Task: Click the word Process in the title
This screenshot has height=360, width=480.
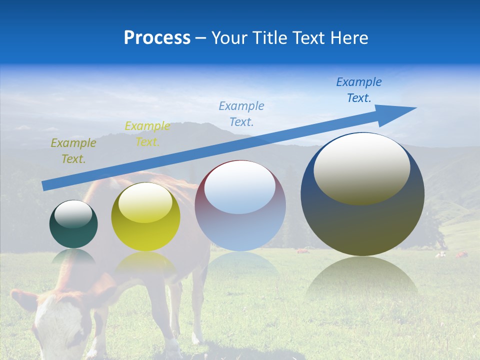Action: pos(157,38)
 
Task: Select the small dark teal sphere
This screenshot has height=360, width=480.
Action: pos(73,224)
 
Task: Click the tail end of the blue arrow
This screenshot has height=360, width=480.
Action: pos(45,186)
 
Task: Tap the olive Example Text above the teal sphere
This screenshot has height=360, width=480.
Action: pos(73,151)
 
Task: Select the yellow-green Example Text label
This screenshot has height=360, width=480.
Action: pos(147,134)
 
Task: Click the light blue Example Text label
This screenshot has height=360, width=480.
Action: pos(241,113)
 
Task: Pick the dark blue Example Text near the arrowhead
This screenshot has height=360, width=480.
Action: pos(359,90)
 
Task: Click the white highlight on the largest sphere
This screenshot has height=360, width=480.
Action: pos(361,167)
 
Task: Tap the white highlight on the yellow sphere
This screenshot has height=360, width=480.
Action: pos(145,202)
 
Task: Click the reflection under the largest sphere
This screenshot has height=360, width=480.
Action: pos(362,280)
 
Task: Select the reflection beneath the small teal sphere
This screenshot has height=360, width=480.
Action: pos(73,257)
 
